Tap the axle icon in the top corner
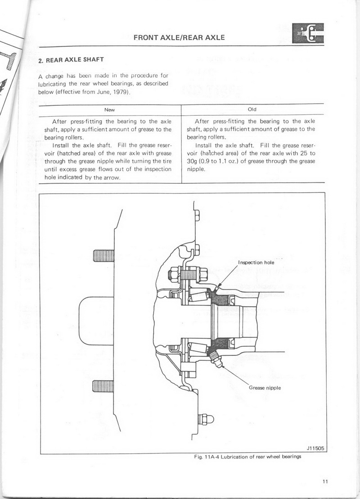pos(307,33)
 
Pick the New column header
pos(110,109)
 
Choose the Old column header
pos(252,109)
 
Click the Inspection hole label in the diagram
pos(256,262)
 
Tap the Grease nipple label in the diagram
pos(265,388)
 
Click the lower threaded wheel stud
pos(103,386)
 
